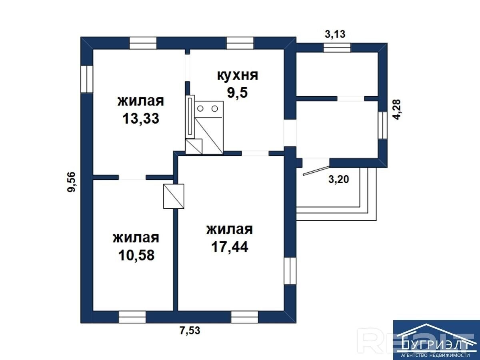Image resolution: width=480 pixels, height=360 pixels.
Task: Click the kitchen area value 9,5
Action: click(x=237, y=93)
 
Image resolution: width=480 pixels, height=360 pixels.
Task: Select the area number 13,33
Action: click(x=141, y=119)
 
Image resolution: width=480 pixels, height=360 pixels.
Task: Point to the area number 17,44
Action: click(x=230, y=247)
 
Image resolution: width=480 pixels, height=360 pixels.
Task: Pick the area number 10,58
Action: click(x=136, y=255)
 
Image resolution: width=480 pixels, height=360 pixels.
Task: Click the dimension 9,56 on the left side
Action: click(x=72, y=182)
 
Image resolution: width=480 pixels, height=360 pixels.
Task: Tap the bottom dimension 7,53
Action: click(x=190, y=330)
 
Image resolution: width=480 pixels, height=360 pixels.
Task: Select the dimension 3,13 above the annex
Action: click(x=335, y=34)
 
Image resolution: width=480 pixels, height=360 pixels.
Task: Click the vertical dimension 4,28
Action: click(x=397, y=110)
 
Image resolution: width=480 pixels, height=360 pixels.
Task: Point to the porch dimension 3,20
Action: click(x=339, y=179)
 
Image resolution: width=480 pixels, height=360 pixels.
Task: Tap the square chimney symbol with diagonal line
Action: click(x=174, y=196)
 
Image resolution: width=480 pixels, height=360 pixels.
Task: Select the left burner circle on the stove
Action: click(x=200, y=108)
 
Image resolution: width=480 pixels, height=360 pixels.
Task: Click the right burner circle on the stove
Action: click(x=215, y=108)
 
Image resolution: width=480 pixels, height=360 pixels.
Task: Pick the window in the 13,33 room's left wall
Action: click(x=87, y=79)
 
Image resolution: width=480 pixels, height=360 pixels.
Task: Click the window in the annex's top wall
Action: click(x=337, y=48)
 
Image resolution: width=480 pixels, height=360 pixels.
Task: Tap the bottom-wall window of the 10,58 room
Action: click(x=132, y=317)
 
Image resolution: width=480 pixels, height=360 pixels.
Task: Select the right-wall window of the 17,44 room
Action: click(x=290, y=271)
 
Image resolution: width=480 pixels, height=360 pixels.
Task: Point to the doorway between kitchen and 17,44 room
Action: click(x=255, y=153)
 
